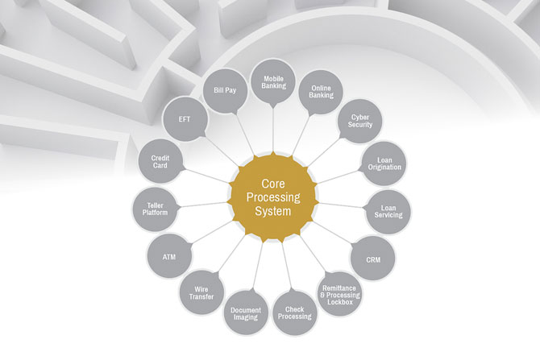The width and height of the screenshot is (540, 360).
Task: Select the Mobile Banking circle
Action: pyautogui.click(x=273, y=81)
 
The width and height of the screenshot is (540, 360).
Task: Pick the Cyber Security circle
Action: pyautogui.click(x=359, y=121)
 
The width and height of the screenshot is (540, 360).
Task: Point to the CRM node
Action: pyautogui.click(x=373, y=260)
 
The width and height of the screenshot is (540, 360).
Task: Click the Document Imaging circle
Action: pyautogui.click(x=245, y=313)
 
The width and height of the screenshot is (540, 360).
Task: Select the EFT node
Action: pyautogui.click(x=185, y=119)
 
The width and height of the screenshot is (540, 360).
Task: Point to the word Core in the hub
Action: pyautogui.click(x=270, y=181)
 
